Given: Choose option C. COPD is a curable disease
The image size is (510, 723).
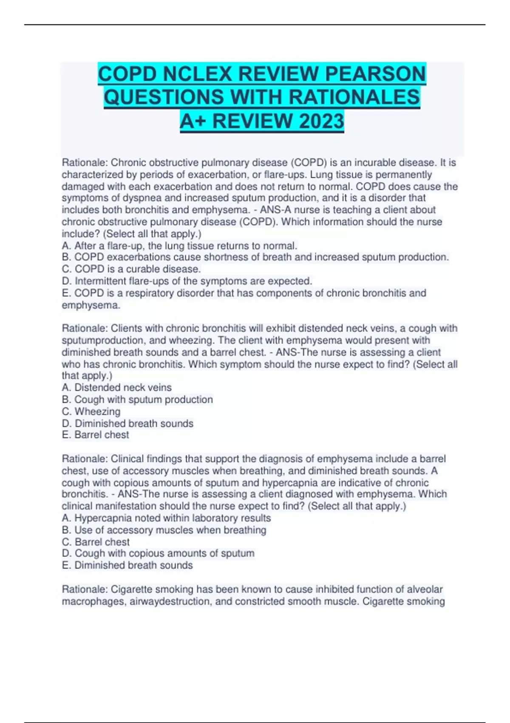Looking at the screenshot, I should point(131,269).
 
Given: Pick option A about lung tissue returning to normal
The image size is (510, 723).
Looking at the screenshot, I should point(179,246).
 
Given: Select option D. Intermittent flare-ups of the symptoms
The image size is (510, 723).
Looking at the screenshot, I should point(187,281).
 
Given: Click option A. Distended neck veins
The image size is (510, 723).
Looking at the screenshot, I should point(117,387).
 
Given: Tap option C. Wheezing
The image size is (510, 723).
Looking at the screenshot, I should point(91,411).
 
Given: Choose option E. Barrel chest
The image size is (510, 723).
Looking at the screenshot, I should point(96,435).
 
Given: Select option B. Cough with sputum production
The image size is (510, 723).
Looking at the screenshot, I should point(137,399).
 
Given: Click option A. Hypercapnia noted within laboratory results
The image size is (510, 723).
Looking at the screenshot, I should point(166,518).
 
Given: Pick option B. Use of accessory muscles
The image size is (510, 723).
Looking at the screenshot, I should point(164,530).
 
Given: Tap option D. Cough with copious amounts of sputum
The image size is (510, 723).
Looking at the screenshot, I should point(158,553).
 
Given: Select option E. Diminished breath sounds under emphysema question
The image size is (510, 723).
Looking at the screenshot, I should point(127,565).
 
